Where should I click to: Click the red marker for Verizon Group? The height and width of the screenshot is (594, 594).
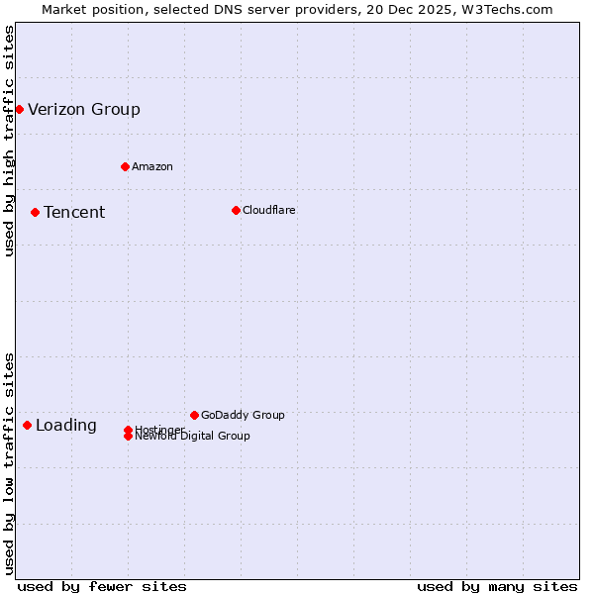(x=19, y=109)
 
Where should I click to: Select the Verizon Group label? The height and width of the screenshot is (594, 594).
(x=84, y=109)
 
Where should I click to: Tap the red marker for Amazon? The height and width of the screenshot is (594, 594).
(x=125, y=166)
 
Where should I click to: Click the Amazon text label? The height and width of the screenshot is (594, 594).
(x=151, y=166)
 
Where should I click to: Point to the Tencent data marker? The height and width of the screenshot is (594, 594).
(x=35, y=212)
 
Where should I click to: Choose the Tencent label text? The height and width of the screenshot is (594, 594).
(x=74, y=213)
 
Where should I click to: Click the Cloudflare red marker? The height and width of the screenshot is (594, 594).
(x=236, y=210)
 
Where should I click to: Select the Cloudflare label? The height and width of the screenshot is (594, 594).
(x=268, y=210)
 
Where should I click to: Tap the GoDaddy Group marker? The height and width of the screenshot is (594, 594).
(x=194, y=415)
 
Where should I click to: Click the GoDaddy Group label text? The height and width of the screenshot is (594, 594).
(x=243, y=415)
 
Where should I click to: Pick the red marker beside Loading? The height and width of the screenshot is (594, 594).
(x=27, y=425)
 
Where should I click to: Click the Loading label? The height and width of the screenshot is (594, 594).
(x=66, y=426)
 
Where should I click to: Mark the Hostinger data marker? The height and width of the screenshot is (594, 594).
(x=128, y=430)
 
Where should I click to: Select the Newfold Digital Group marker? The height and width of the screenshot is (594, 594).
(x=128, y=437)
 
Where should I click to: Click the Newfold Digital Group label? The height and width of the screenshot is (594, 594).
(x=193, y=437)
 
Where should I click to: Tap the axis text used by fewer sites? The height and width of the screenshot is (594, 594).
(x=102, y=586)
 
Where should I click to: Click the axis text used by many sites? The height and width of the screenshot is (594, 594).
(x=497, y=586)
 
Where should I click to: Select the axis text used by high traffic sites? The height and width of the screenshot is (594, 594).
(x=9, y=141)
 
